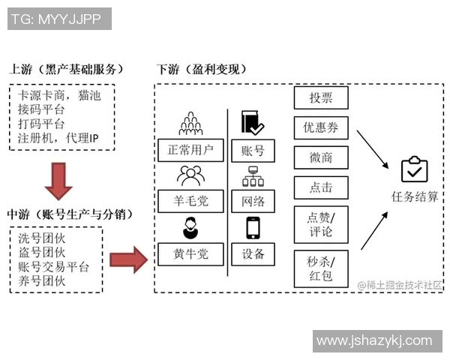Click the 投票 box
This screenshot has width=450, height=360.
click(x=320, y=97)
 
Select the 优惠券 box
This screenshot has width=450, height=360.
click(x=320, y=127)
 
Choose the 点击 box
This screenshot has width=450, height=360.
click(x=320, y=187)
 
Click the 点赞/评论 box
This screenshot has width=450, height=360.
click(x=320, y=223)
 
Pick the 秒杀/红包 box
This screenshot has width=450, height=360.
click(x=320, y=268)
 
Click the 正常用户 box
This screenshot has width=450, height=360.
click(x=190, y=149)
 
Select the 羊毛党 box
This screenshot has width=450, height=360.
click(x=190, y=201)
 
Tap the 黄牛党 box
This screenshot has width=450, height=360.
click(x=190, y=253)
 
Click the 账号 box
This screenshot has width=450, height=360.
click(x=253, y=150)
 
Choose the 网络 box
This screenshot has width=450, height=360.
click(x=253, y=201)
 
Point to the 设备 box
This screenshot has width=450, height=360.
click(x=253, y=253)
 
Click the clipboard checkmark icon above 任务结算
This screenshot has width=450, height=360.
click(x=414, y=169)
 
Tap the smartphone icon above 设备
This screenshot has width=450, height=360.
click(x=253, y=228)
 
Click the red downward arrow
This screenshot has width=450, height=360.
click(x=58, y=180)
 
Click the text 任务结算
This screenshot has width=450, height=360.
click(x=415, y=196)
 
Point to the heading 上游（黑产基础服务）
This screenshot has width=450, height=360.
click(x=67, y=69)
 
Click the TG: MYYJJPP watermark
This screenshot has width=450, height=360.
click(x=59, y=19)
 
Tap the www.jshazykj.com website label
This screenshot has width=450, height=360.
click(x=377, y=340)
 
